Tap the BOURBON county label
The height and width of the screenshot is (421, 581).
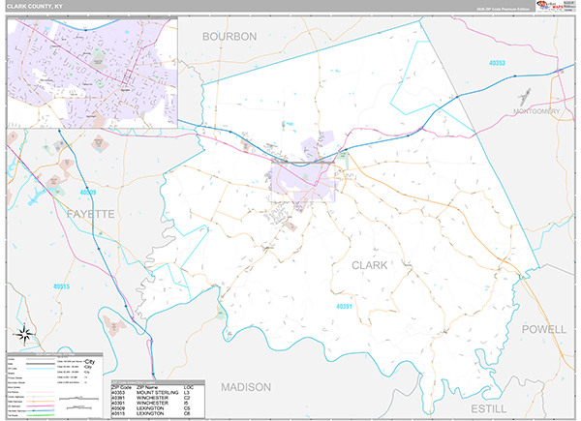pyautogui.click(x=229, y=36)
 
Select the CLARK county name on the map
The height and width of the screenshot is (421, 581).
pyautogui.click(x=369, y=264)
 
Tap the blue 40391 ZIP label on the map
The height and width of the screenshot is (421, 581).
pyautogui.click(x=351, y=307)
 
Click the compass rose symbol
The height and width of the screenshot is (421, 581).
pyautogui.click(x=28, y=338)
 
